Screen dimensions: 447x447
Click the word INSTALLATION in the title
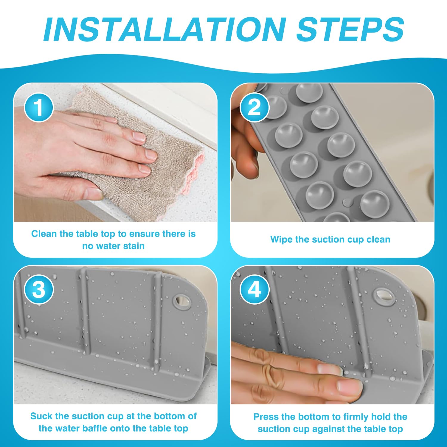click(164, 29)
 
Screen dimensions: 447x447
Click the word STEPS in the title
click(350, 29)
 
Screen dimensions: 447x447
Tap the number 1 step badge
click(39, 107)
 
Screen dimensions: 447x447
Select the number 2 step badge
click(254, 107)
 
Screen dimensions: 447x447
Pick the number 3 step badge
click(39, 289)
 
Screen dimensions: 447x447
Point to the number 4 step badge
click(254, 289)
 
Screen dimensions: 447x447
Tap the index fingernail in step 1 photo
click(139, 137)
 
